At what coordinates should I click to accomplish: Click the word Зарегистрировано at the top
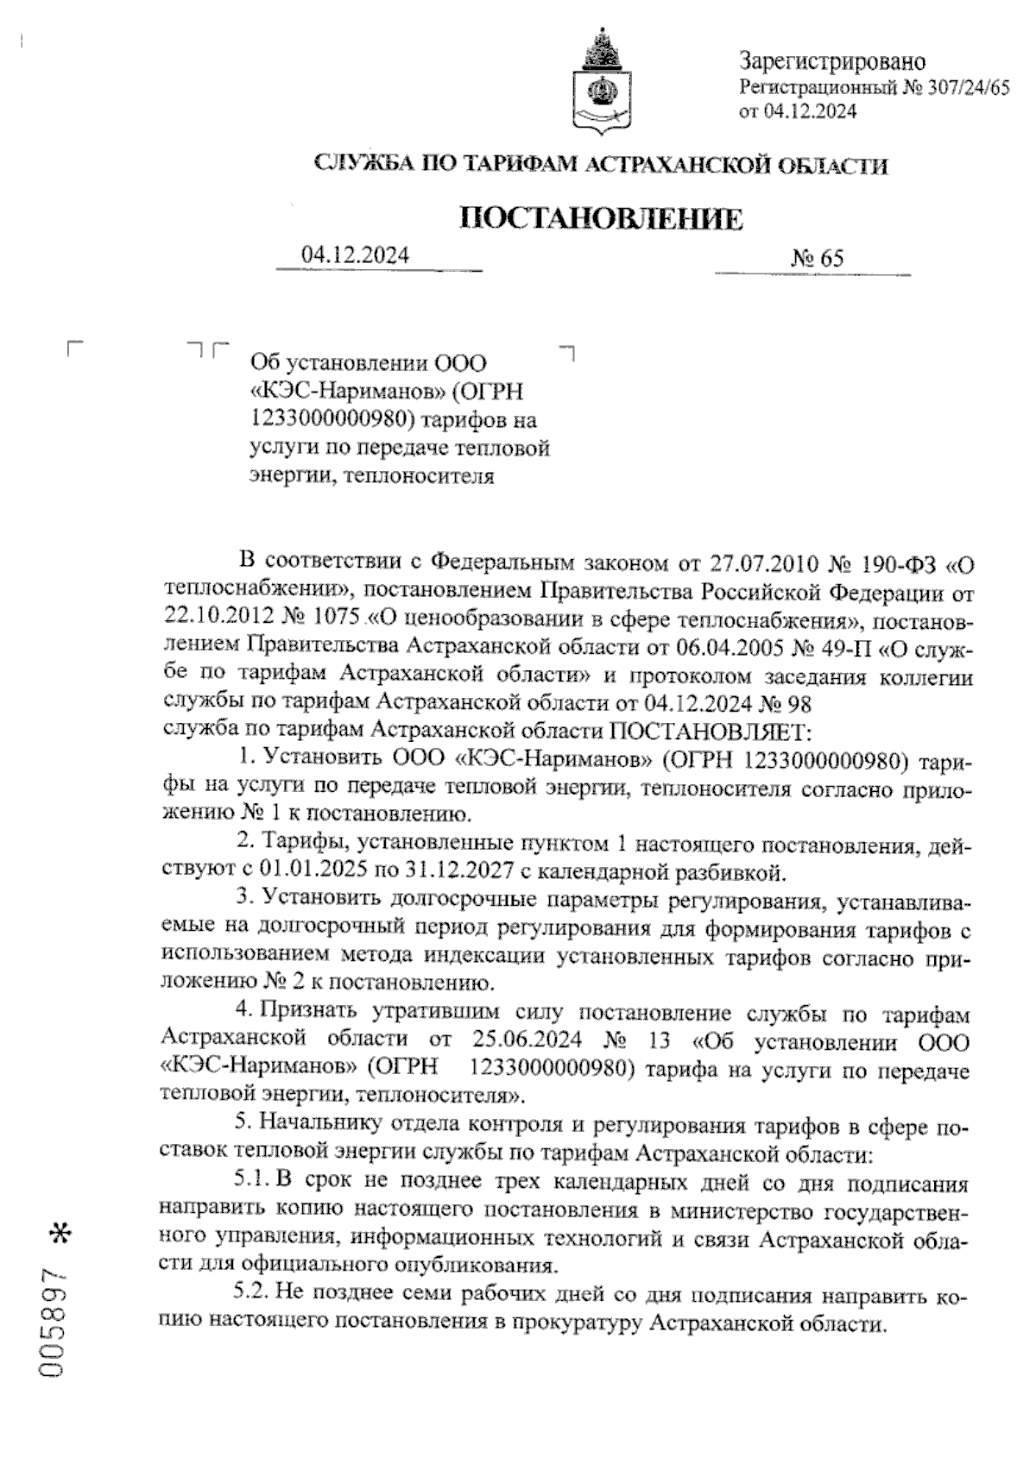pos(831,62)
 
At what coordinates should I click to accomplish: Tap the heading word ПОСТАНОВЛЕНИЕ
pos(601,220)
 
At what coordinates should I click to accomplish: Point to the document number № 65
pos(816,258)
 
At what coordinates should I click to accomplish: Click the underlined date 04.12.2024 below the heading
pos(355,256)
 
